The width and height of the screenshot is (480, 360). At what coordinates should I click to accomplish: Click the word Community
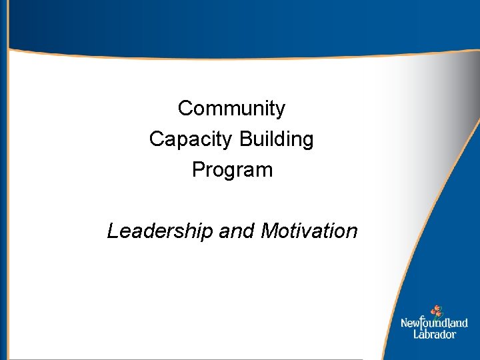(231, 108)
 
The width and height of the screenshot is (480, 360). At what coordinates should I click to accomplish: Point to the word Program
(232, 170)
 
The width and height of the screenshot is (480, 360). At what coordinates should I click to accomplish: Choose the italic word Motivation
(309, 231)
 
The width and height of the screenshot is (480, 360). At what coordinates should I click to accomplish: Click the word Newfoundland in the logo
(434, 323)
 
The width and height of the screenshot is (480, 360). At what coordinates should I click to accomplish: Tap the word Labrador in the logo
(434, 334)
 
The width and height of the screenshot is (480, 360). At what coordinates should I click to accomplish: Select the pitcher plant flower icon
(437, 311)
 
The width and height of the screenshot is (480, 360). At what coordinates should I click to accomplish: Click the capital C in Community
(185, 108)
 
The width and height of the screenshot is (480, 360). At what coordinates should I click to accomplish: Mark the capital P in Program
(198, 170)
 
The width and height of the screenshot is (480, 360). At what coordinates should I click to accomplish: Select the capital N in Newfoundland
(404, 323)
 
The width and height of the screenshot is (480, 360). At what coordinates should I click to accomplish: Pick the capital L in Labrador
(416, 333)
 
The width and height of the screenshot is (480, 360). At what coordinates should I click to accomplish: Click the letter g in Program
(234, 171)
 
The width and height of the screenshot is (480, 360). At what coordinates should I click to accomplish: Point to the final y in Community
(281, 110)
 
